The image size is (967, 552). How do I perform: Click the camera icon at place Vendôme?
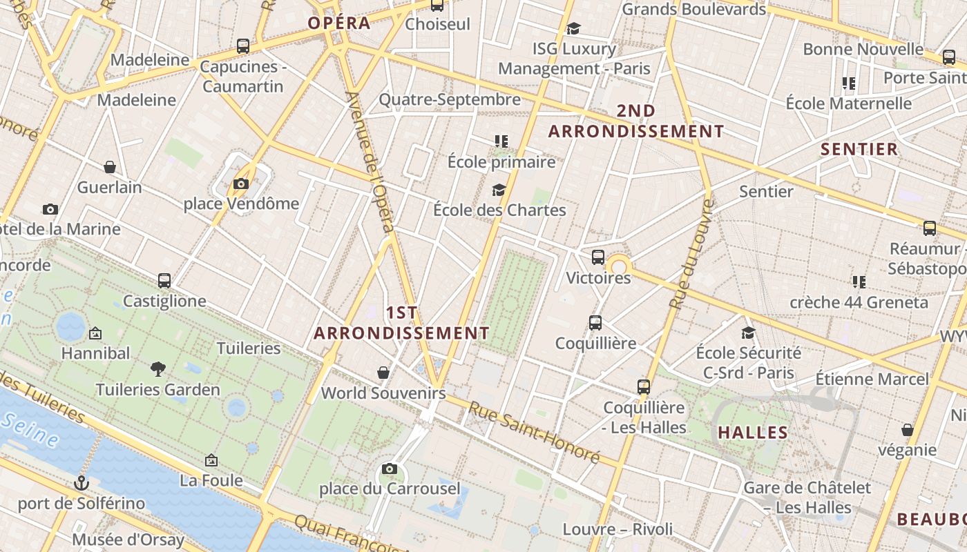(240, 184)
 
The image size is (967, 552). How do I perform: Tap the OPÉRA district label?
(339, 23)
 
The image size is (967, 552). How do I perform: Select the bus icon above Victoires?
(598, 257)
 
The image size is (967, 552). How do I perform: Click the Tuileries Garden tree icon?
(158, 369)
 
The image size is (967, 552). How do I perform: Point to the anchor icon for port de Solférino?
(82, 482)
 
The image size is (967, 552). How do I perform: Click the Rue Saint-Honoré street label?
(534, 432)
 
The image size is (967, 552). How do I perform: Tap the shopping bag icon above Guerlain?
(109, 167)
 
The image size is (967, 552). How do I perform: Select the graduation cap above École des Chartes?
(499, 190)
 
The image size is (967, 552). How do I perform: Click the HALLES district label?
(753, 433)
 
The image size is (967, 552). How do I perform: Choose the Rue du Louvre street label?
(691, 253)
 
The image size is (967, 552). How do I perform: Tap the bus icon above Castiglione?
(164, 281)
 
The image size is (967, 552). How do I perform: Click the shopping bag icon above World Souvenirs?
(383, 373)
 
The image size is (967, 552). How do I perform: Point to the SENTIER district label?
(859, 149)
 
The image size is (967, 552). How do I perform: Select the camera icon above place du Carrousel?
(390, 469)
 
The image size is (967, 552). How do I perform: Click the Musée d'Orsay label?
(128, 540)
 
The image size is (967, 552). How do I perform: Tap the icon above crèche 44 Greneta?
(859, 282)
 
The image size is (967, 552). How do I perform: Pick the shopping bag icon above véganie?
(908, 430)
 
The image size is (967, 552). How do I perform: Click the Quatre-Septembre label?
(450, 99)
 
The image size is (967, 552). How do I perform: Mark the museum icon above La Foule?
(211, 460)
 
